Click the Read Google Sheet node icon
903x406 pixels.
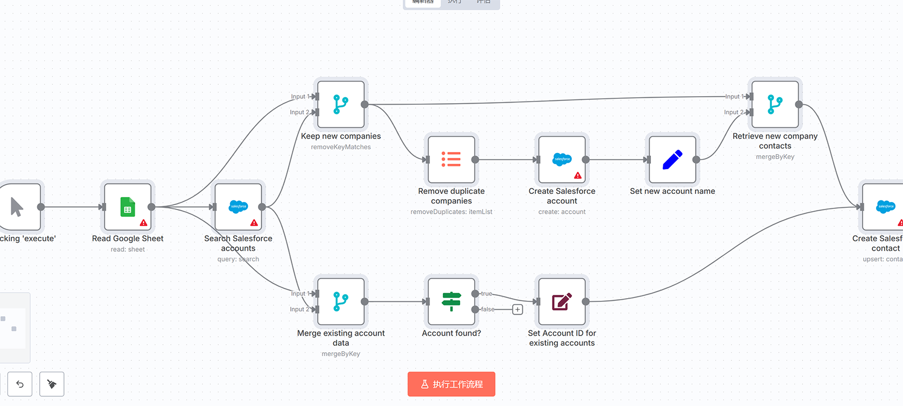pos(128,207)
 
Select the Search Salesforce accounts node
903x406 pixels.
pos(238,207)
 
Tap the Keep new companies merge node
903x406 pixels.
pos(341,104)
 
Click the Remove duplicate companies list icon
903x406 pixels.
pos(451,160)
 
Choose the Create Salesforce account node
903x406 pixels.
pos(562,160)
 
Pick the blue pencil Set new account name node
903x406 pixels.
pos(672,160)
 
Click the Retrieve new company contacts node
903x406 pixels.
pos(775,104)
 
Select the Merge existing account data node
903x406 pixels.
pos(341,301)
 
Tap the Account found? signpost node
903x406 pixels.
pos(451,301)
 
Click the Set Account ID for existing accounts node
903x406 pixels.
pos(562,301)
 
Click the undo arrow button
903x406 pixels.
pos(20,384)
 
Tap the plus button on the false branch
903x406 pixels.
pos(518,309)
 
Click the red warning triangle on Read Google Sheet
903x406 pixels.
pos(144,223)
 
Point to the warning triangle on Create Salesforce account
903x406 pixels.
pos(578,176)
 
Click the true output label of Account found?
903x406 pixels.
pos(486,294)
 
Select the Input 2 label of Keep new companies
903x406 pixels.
pos(299,112)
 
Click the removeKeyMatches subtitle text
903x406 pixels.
pos(341,147)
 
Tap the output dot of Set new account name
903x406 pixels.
pos(696,160)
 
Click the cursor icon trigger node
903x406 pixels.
pos(17,207)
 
